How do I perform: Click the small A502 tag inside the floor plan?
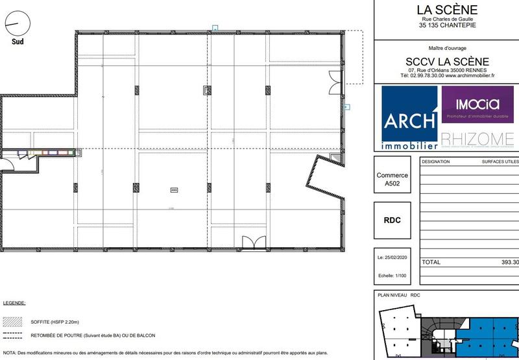coord(173,190)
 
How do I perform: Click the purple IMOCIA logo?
coord(477,104)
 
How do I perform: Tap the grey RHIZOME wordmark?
coord(477,139)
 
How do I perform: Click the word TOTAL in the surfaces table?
coord(431,263)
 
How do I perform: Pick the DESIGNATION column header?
coord(436,162)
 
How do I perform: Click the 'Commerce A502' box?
coord(392,180)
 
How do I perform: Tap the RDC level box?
coord(392,220)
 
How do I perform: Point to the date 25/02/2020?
coord(392,257)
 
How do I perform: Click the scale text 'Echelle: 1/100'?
coord(392,275)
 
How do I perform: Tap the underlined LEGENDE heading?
coord(14,303)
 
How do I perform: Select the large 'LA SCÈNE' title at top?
coord(447,10)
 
